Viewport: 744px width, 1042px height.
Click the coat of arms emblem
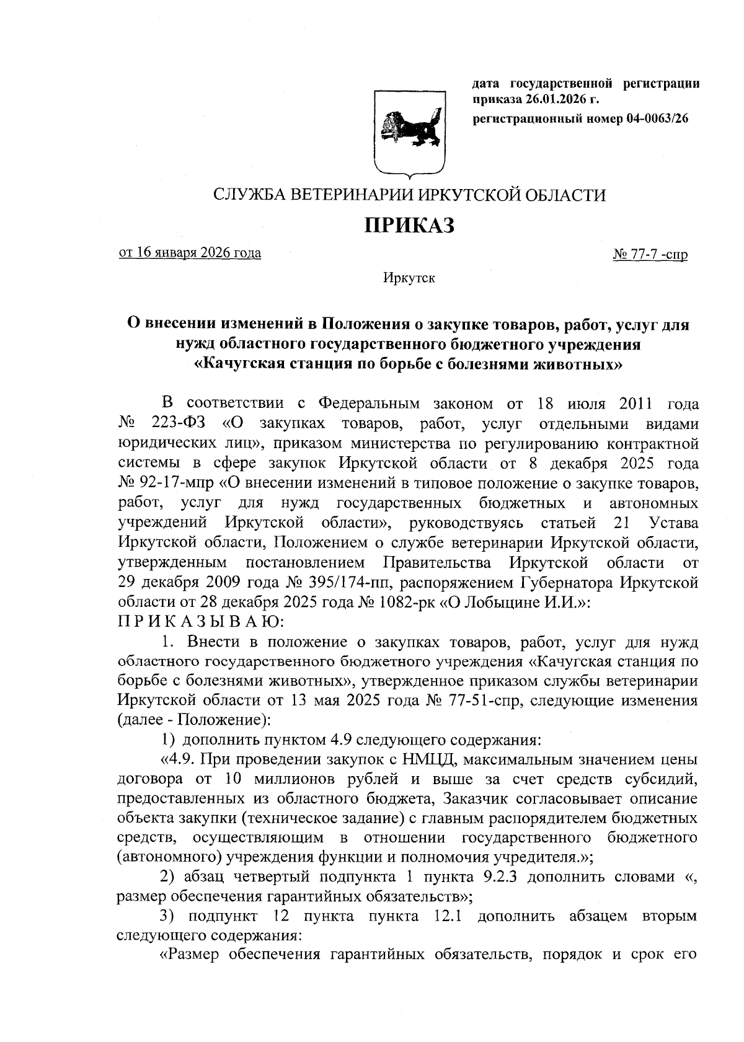tap(409, 131)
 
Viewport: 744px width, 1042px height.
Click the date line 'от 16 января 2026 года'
tap(190, 253)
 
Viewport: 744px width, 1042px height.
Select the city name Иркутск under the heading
tap(409, 278)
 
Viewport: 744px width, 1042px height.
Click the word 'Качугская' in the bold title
tap(243, 363)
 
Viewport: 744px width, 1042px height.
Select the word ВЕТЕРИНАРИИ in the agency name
tap(344, 195)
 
